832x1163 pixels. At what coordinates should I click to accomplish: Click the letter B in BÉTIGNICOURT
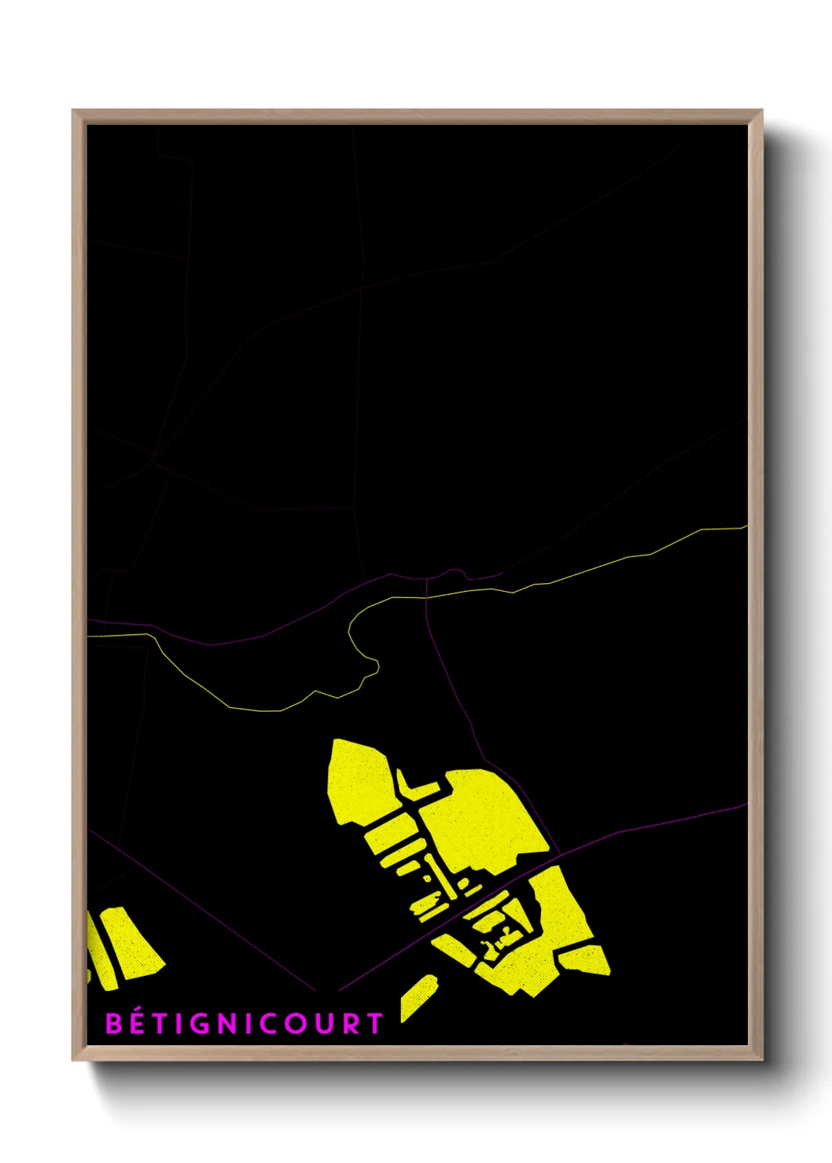(x=114, y=1023)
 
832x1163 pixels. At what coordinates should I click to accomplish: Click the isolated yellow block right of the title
(x=418, y=998)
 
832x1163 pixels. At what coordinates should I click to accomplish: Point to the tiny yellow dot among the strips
(x=429, y=879)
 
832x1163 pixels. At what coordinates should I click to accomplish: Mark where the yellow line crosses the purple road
(x=426, y=598)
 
